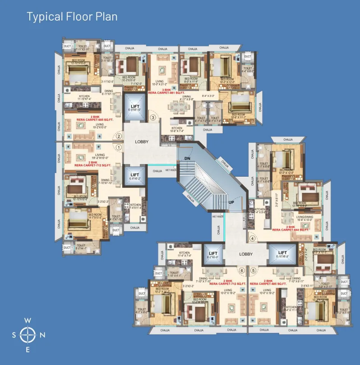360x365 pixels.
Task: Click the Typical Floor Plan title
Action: point(72,17)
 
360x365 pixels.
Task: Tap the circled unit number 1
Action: point(119,147)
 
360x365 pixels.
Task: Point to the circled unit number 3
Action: point(153,118)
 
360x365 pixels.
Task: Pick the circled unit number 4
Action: point(253,238)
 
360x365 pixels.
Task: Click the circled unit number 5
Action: point(254,270)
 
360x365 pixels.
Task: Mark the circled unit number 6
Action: point(242,270)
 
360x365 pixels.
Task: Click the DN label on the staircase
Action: point(187,159)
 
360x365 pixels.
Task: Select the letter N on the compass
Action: point(42,335)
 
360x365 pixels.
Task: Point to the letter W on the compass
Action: point(28,320)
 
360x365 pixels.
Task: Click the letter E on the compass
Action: point(28,350)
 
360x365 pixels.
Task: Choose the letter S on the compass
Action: point(14,335)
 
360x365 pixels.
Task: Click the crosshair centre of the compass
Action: point(28,335)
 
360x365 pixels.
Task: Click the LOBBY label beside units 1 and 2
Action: point(142,141)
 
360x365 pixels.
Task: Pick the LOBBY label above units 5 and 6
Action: point(246,254)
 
